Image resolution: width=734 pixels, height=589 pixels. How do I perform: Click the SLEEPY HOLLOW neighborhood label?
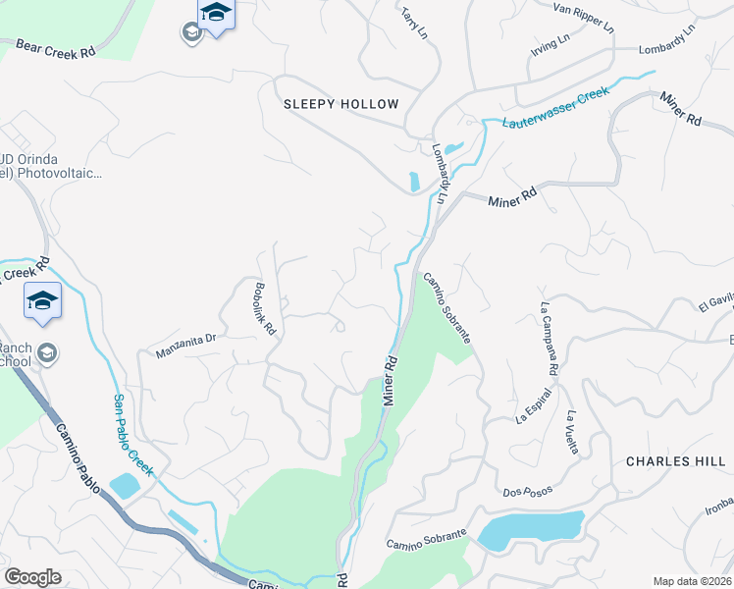(341, 104)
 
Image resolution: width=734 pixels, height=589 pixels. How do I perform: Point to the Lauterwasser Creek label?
(555, 108)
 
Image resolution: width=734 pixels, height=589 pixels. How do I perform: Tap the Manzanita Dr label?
(183, 342)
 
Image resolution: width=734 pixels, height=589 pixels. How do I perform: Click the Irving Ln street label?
(550, 44)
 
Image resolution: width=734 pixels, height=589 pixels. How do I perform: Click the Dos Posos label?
(527, 490)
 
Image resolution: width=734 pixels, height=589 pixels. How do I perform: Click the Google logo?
(32, 577)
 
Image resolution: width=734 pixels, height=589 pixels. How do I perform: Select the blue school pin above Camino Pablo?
(42, 300)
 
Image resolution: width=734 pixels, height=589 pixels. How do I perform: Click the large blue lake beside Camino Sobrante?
(531, 530)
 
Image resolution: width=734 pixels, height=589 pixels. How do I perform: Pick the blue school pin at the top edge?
(216, 14)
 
